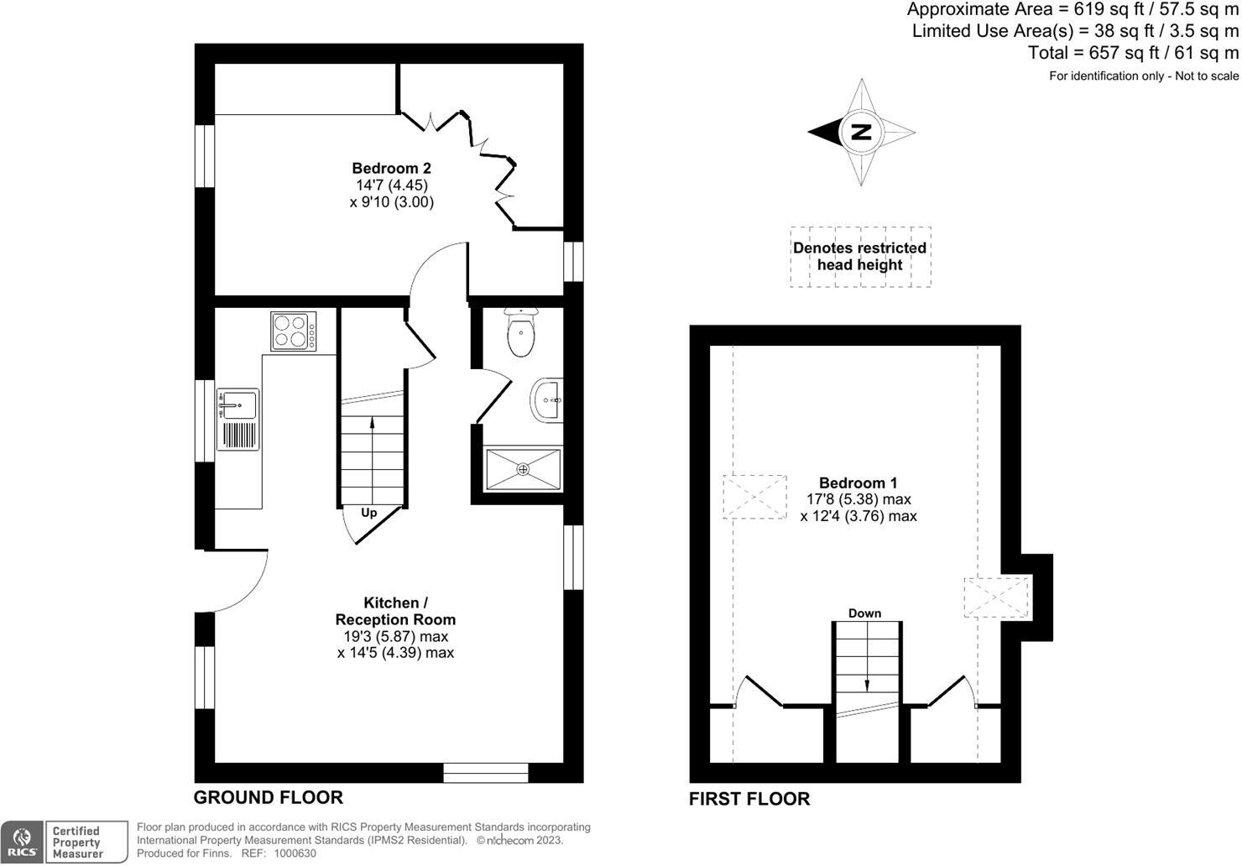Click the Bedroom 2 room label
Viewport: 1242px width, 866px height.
(x=391, y=169)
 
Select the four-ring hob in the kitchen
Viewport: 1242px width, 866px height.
(x=294, y=331)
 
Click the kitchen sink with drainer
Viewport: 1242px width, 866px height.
(x=238, y=419)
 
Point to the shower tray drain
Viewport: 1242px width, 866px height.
(x=524, y=469)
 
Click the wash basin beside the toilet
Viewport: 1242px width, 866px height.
(x=548, y=399)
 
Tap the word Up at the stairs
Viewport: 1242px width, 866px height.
(x=369, y=513)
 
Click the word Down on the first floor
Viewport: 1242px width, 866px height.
(x=864, y=613)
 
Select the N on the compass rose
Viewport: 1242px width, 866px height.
(x=861, y=132)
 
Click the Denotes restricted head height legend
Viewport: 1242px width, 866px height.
(x=860, y=257)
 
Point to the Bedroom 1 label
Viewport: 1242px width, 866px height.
(x=858, y=483)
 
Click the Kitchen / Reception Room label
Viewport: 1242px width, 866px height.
(x=395, y=612)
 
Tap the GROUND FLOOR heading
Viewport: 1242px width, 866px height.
(x=269, y=797)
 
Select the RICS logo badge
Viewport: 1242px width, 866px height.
(x=23, y=842)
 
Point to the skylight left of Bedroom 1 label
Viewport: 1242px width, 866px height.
(x=755, y=497)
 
